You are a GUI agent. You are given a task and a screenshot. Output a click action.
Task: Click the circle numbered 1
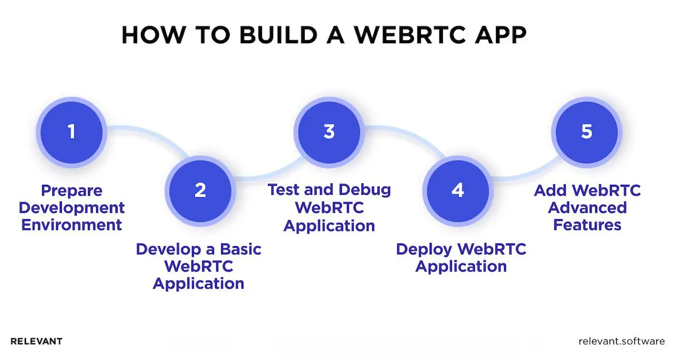pyautogui.click(x=71, y=132)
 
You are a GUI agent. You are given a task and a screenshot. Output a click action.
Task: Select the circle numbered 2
pyautogui.click(x=200, y=190)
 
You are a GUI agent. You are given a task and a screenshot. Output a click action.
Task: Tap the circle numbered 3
pyautogui.click(x=329, y=132)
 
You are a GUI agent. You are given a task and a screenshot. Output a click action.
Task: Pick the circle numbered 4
pyautogui.click(x=458, y=190)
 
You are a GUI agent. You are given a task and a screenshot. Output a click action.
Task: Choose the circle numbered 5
pyautogui.click(x=586, y=132)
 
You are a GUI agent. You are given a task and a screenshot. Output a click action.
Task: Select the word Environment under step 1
pyautogui.click(x=72, y=225)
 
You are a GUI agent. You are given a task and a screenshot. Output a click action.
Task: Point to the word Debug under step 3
pyautogui.click(x=364, y=190)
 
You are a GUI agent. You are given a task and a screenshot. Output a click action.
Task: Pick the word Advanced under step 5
pyautogui.click(x=587, y=208)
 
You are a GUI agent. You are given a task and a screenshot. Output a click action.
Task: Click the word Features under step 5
pyautogui.click(x=587, y=225)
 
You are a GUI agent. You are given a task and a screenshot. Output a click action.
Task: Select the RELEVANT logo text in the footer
pyautogui.click(x=37, y=341)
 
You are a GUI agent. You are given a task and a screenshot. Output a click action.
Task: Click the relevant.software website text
pyautogui.click(x=622, y=341)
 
